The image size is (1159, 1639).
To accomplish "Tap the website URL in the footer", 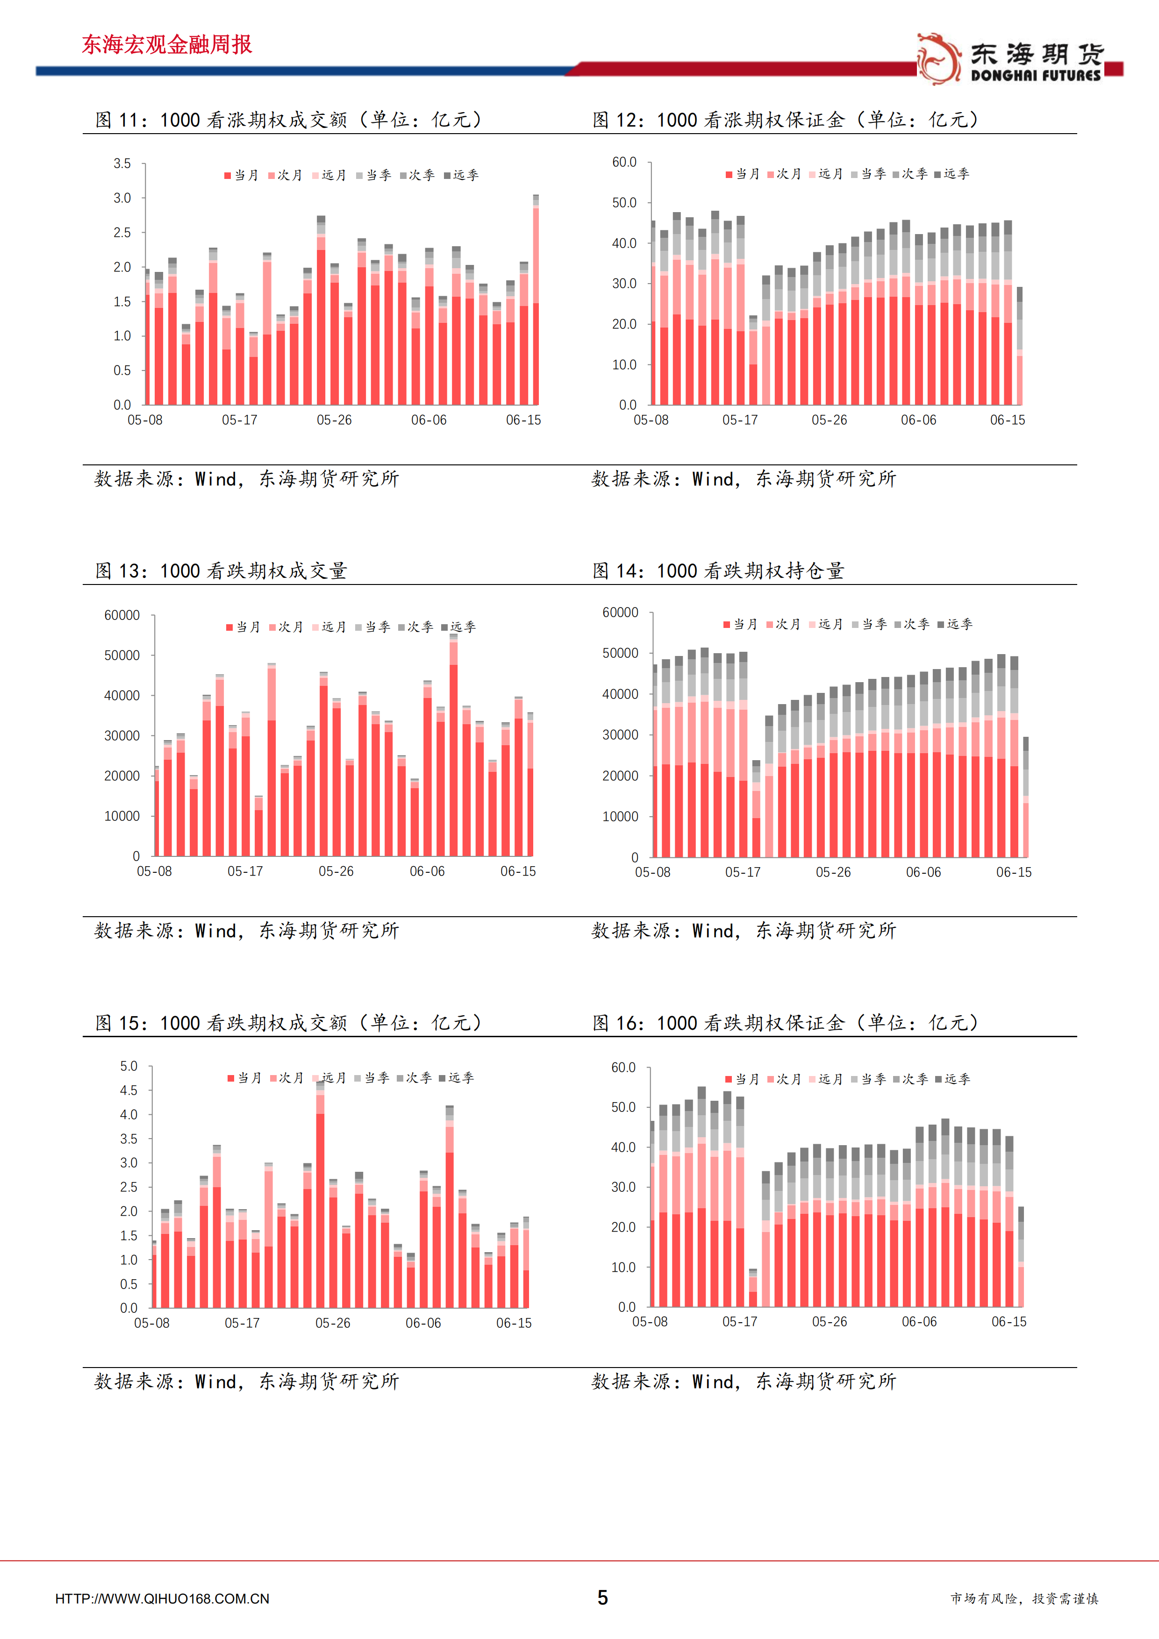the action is tap(162, 1599).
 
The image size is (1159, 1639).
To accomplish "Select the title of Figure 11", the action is tap(288, 119).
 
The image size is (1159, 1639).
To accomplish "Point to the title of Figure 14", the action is tap(718, 570).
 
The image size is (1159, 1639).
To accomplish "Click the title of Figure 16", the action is tap(786, 1022).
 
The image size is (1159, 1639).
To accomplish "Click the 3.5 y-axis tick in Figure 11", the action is tap(122, 164).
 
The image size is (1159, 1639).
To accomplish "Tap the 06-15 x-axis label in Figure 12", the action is tap(1008, 420).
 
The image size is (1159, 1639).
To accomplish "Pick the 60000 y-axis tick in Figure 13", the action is tap(122, 615).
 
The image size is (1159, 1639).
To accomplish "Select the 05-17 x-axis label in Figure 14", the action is tap(743, 872).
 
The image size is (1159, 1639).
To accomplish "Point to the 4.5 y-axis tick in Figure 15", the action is tap(129, 1090).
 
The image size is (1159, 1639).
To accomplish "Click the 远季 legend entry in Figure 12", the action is tap(952, 173).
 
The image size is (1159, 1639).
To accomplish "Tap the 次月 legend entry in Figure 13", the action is tap(286, 627).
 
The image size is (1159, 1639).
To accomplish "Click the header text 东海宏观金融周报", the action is tap(167, 44).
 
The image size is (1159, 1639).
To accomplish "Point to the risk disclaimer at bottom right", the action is tap(1024, 1598).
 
